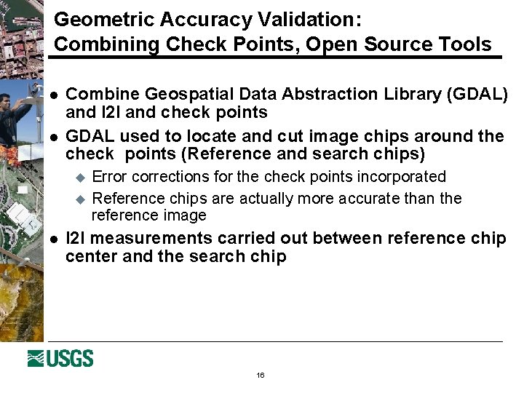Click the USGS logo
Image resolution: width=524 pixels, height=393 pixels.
tap(60, 358)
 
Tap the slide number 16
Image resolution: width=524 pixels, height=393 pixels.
tap(261, 376)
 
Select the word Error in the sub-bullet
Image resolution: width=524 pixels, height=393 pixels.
tap(110, 176)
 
